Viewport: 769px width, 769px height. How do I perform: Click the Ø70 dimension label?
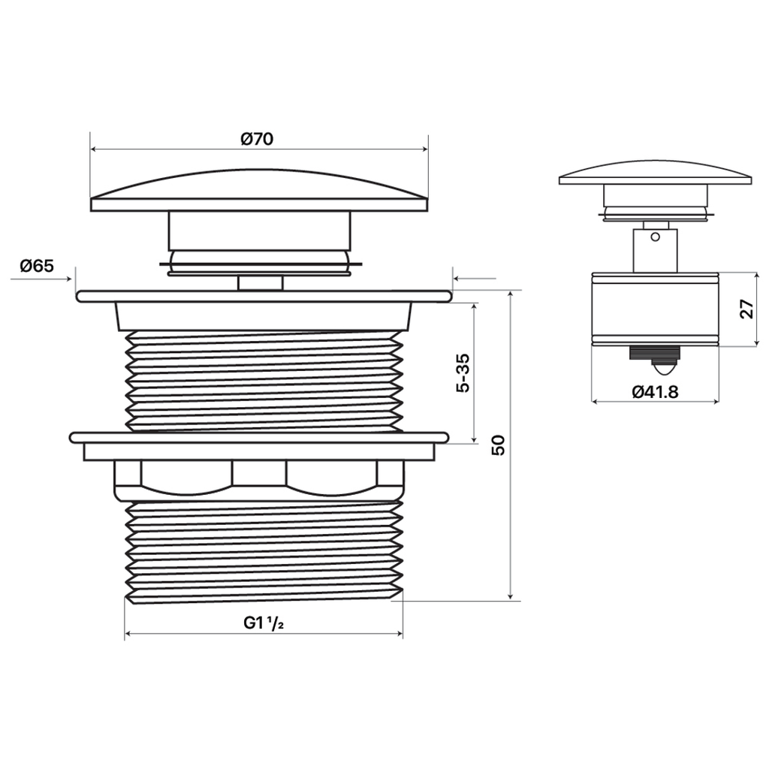coord(257,139)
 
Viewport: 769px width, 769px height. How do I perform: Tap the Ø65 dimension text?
coord(37,266)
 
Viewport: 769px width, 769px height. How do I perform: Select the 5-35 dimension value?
coord(463,372)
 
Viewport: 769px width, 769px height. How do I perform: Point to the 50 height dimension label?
coord(499,445)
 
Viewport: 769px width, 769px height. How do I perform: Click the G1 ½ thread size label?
coord(264,623)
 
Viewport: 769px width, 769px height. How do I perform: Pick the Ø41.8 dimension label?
coord(655,391)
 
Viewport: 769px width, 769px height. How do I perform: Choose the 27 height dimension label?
coord(746,309)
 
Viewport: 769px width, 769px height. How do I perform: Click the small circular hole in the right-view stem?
coord(655,237)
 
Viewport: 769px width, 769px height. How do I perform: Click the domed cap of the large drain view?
coord(259,191)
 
